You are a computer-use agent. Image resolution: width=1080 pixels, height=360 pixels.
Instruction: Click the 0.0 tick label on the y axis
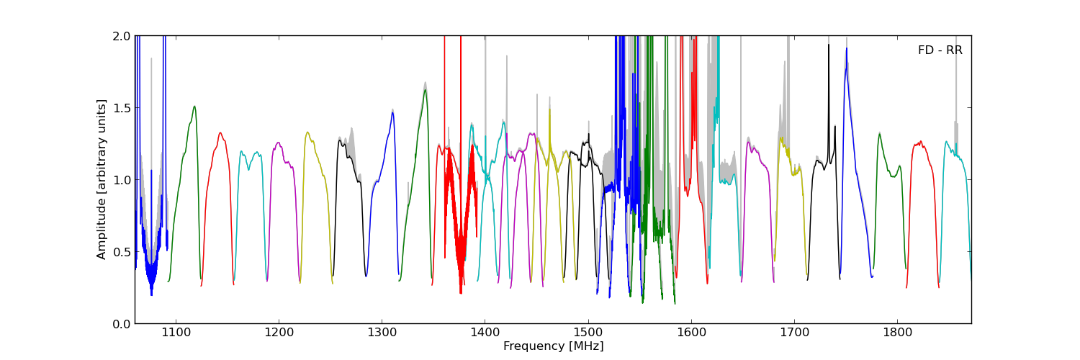[x=122, y=324]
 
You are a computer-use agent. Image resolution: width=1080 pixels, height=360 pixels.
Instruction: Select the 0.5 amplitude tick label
[x=122, y=252]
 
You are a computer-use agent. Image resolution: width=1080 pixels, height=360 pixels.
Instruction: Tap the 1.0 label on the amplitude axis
[x=122, y=180]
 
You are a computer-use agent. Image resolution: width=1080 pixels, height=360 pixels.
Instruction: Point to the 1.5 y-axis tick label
[x=122, y=108]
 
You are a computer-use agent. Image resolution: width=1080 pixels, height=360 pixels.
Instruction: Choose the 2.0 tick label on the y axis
[x=122, y=36]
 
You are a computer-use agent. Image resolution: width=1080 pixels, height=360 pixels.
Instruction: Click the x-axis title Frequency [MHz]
[x=553, y=346]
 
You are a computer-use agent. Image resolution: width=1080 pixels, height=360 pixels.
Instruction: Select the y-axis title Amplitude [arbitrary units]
[x=102, y=179]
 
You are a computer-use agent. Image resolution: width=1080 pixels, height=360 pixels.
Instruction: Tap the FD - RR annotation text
[x=940, y=50]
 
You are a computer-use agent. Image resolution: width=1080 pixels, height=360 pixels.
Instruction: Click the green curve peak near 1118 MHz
[x=194, y=107]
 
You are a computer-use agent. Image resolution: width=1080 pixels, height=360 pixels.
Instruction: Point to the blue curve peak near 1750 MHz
[x=847, y=49]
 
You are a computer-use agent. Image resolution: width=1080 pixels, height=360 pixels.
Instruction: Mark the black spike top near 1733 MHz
[x=829, y=45]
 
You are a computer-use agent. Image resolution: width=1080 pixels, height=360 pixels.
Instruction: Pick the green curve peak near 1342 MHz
[x=426, y=90]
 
